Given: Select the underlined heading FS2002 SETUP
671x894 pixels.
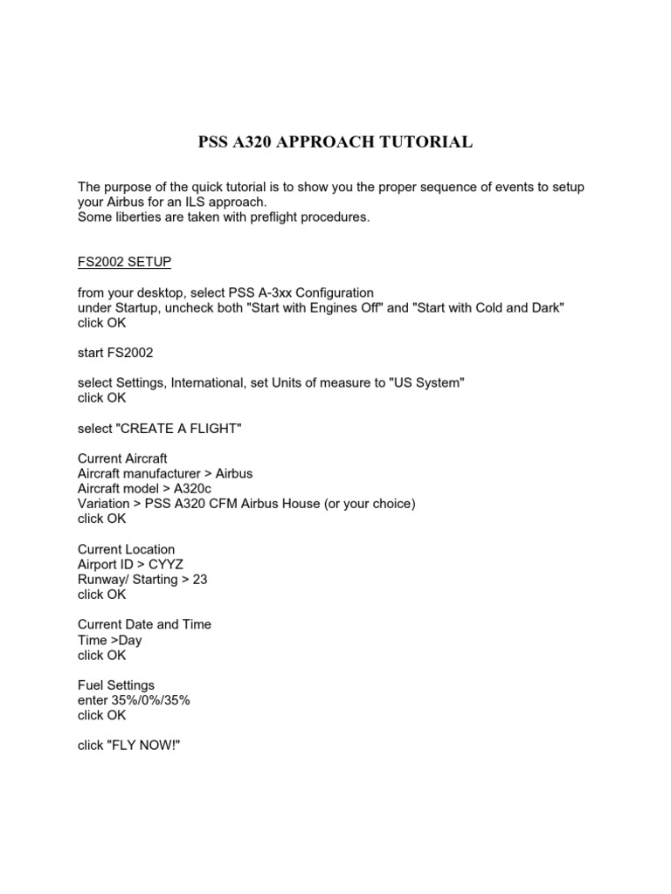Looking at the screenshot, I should pyautogui.click(x=130, y=262).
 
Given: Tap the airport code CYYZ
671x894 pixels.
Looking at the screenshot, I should pyautogui.click(x=166, y=564).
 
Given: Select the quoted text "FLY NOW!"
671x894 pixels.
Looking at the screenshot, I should pyautogui.click(x=147, y=746).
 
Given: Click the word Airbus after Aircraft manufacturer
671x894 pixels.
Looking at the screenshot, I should pyautogui.click(x=234, y=473).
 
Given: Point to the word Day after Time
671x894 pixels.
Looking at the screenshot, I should pyautogui.click(x=130, y=640).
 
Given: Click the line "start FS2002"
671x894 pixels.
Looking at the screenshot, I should pyautogui.click(x=114, y=353).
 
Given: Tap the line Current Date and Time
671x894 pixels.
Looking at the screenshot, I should pyautogui.click(x=144, y=624).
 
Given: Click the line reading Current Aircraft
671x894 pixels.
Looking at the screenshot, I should pyautogui.click(x=122, y=458).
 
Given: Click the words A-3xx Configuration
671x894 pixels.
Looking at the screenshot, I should pyautogui.click(x=309, y=292).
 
